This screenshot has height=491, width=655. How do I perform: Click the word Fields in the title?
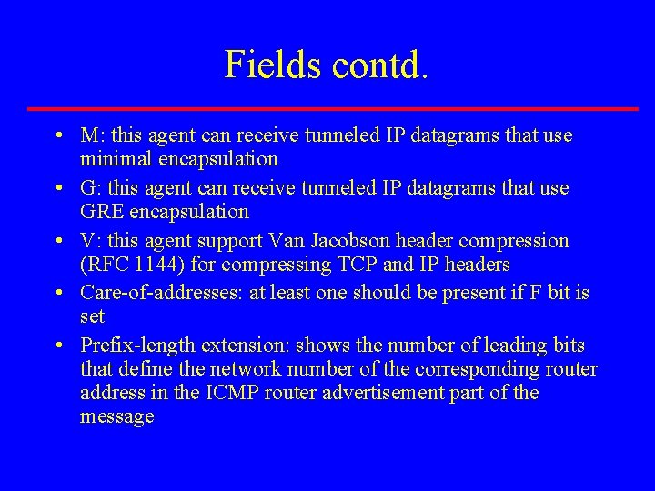pyautogui.click(x=271, y=65)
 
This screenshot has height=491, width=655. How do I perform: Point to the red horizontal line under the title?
pyautogui.click(x=332, y=109)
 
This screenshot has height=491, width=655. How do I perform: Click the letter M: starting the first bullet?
pyautogui.click(x=91, y=136)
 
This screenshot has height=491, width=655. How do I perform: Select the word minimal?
pyautogui.click(x=116, y=159)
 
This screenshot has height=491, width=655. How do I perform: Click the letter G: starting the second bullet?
pyautogui.click(x=90, y=189)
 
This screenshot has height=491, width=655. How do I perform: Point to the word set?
pyautogui.click(x=93, y=316)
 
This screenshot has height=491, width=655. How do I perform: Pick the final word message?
pyautogui.click(x=117, y=417)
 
